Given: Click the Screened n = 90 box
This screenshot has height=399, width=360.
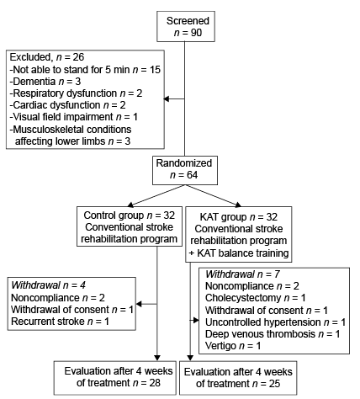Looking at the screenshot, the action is click(x=186, y=27).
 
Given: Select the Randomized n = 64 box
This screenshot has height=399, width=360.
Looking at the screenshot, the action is click(x=185, y=170).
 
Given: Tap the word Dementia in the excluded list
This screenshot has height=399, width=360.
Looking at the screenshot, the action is click(x=34, y=82).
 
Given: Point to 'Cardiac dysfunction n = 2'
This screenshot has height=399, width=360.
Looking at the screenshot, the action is click(x=67, y=105).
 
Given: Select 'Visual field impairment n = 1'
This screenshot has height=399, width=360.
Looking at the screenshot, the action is click(x=74, y=117).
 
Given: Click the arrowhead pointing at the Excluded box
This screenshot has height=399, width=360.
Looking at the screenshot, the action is click(x=166, y=98).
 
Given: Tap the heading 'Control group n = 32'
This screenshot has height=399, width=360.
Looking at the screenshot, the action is click(x=130, y=215).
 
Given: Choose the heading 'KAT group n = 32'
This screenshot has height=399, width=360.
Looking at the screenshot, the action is click(x=239, y=217).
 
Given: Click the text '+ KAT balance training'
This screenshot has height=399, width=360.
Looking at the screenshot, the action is click(x=239, y=253).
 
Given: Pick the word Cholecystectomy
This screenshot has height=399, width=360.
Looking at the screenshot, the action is click(x=243, y=298).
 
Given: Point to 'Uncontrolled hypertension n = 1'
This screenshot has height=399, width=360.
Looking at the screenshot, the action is click(x=275, y=322).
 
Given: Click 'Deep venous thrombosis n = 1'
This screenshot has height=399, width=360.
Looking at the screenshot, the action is click(x=273, y=334).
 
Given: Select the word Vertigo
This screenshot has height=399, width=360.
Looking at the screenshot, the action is click(x=220, y=346).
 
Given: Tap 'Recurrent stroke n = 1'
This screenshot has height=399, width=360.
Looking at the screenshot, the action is click(x=60, y=322).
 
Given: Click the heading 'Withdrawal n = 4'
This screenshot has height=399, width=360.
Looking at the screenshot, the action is click(x=48, y=285).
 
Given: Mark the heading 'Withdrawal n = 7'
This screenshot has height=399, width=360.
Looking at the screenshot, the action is click(x=242, y=274).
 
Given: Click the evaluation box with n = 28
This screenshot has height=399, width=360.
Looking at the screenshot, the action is click(x=115, y=378).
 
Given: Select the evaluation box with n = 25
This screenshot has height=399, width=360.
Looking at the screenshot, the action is click(x=238, y=378).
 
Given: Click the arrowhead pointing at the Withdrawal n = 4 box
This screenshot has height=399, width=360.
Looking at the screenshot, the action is click(x=139, y=304).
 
